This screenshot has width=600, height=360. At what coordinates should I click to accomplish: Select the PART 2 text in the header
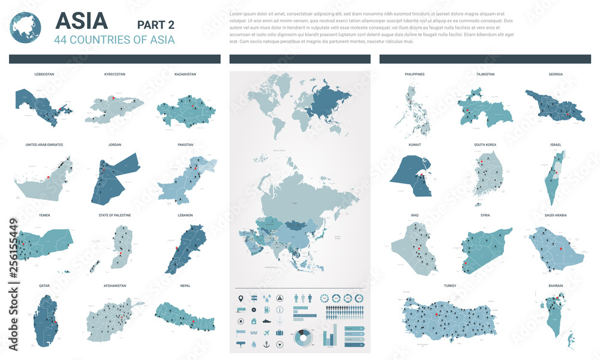point(155,25)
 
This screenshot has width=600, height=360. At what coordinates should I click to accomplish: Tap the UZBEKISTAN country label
point(44,74)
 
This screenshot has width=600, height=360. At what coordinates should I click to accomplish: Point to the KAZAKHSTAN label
point(185,74)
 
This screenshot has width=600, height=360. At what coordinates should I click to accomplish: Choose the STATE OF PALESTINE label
point(115,215)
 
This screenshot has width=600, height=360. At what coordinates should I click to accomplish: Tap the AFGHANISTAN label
point(115,286)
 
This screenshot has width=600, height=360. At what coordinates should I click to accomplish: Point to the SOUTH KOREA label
point(485,145)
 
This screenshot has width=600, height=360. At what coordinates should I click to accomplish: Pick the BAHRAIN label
point(555,286)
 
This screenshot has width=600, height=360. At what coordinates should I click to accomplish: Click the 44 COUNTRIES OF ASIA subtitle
point(115,40)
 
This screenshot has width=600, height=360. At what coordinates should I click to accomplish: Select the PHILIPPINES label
point(415,74)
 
